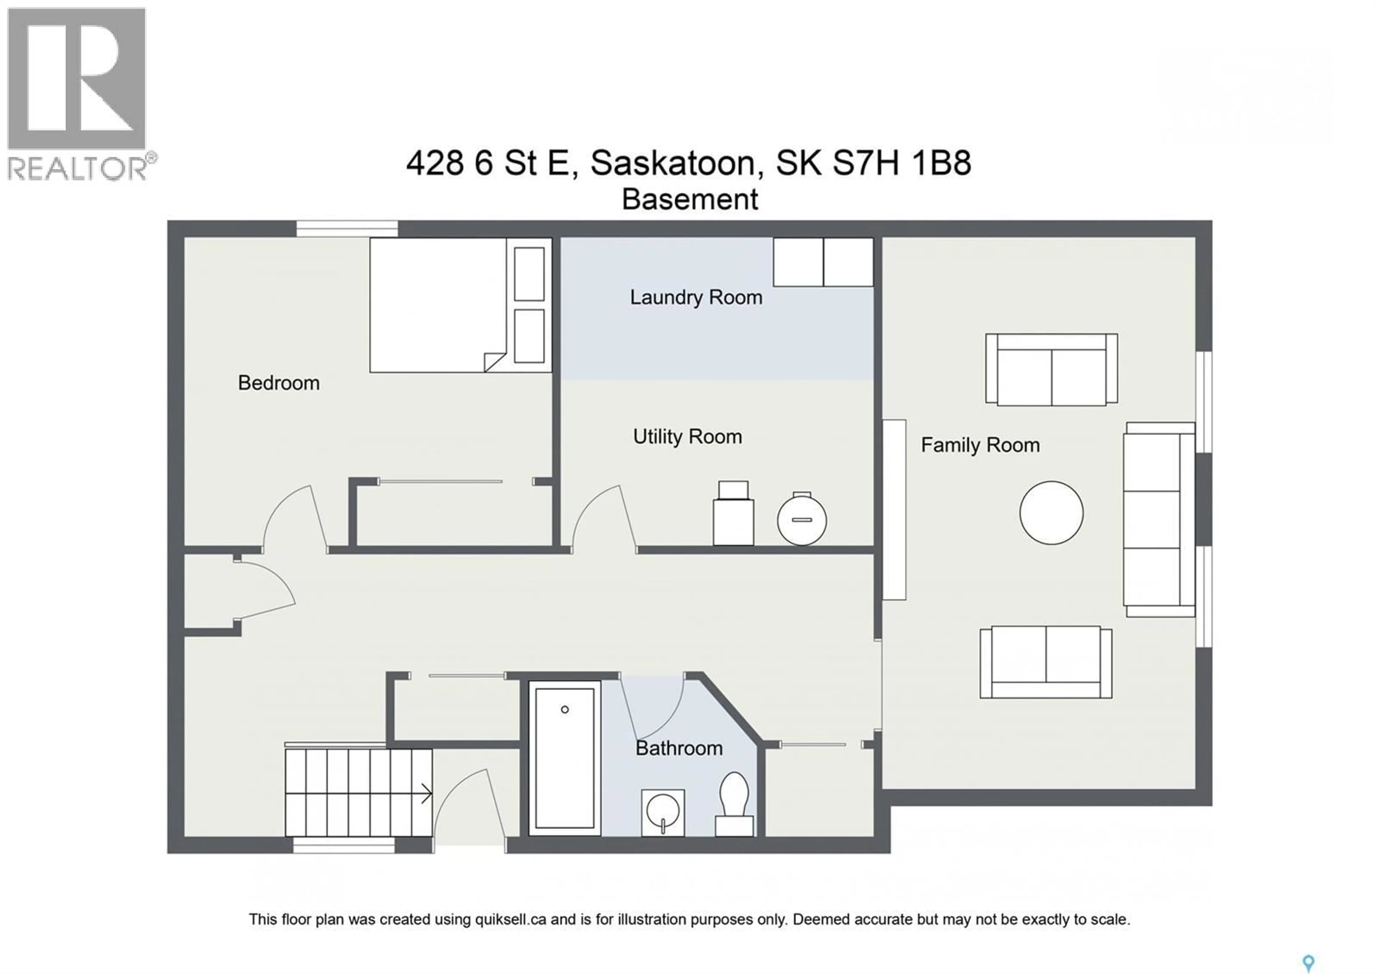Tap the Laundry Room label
(696, 297)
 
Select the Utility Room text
(687, 437)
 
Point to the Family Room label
(980, 445)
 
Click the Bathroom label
(679, 748)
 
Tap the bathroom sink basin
(663, 812)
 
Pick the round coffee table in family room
(1051, 513)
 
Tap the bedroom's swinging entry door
(294, 518)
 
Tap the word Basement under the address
(689, 199)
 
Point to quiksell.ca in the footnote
(511, 919)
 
